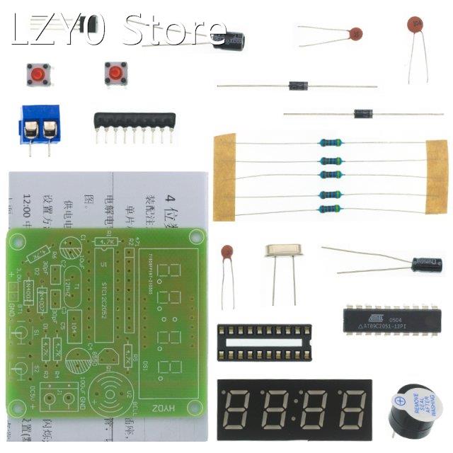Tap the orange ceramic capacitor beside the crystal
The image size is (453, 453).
tap(227, 253)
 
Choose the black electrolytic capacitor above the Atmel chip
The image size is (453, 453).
tap(427, 265)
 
